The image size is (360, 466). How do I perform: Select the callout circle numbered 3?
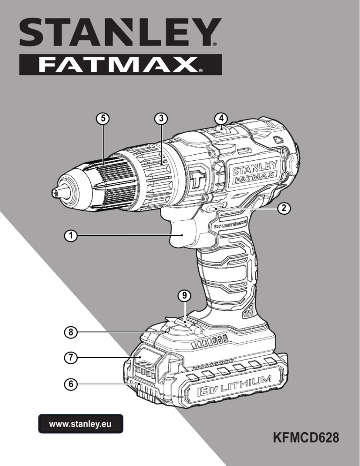[161, 119]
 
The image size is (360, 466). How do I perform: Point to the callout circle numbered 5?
[101, 119]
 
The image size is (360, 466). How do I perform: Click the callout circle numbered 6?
[70, 384]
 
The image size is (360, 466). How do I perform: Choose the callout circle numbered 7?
[70, 358]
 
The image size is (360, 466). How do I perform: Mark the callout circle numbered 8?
[70, 332]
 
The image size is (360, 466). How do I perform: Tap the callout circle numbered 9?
[185, 295]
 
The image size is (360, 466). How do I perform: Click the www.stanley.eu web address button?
[80, 424]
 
